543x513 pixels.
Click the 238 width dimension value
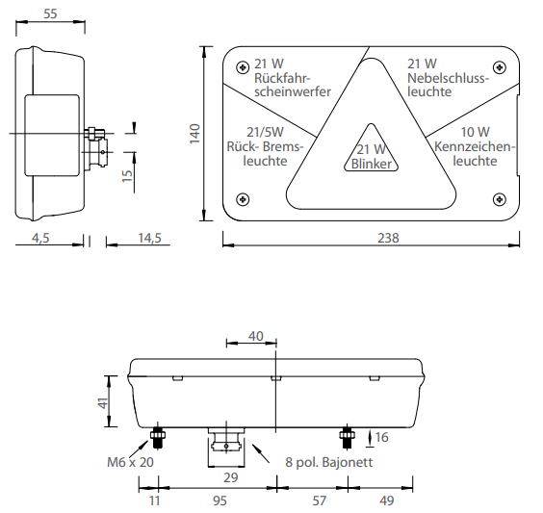click(388, 238)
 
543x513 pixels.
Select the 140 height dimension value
click(195, 134)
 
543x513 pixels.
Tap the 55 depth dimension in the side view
click(50, 13)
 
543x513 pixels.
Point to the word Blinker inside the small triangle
click(372, 164)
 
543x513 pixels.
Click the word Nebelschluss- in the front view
click(448, 78)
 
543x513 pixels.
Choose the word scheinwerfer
click(293, 91)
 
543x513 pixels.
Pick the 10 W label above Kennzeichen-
click(476, 132)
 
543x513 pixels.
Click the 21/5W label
click(266, 132)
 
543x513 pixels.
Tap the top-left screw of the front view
click(243, 67)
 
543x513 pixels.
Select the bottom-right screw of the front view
click(499, 199)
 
